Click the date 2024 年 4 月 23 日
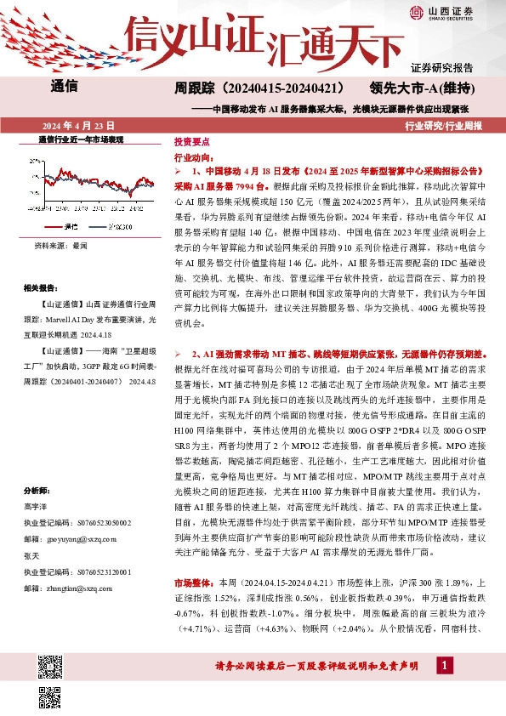[77, 124]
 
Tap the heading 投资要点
[190, 143]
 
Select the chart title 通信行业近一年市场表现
[81, 139]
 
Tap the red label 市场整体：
[195, 583]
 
